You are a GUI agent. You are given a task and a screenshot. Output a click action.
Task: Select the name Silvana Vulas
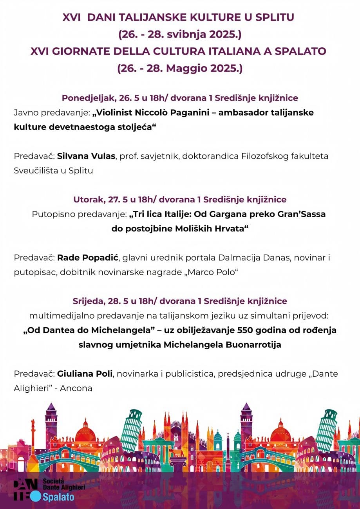coord(86,156)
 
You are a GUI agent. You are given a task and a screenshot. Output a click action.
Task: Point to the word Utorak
coord(87,199)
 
